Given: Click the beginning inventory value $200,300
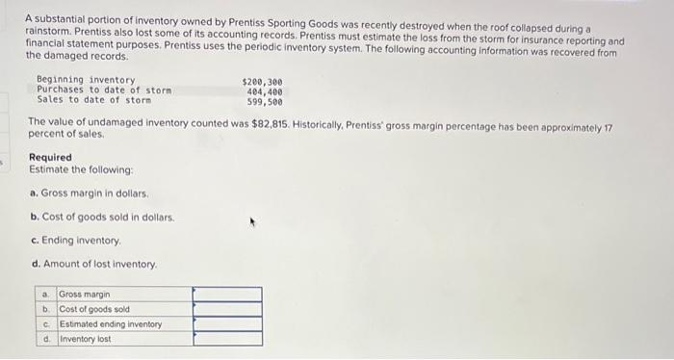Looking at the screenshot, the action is (x=263, y=80).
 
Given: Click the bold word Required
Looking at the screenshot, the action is (x=50, y=157).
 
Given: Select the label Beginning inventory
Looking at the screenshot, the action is (x=86, y=80).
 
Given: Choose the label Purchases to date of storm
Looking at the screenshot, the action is (x=103, y=90).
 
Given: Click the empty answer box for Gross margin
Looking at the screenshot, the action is (x=226, y=294).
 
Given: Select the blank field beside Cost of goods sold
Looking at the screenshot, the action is (x=226, y=309).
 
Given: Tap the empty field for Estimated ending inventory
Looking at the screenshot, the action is (x=226, y=324).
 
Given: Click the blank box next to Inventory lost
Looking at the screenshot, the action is (x=226, y=339).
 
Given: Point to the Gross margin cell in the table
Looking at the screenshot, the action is (x=85, y=294).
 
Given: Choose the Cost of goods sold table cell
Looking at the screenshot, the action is (x=94, y=309).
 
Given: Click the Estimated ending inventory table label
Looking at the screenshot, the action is (x=110, y=324).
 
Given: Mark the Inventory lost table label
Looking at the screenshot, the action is (x=85, y=339).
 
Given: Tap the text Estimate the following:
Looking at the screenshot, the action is (x=73, y=169).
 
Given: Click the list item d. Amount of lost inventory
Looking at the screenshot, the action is (x=93, y=264).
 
